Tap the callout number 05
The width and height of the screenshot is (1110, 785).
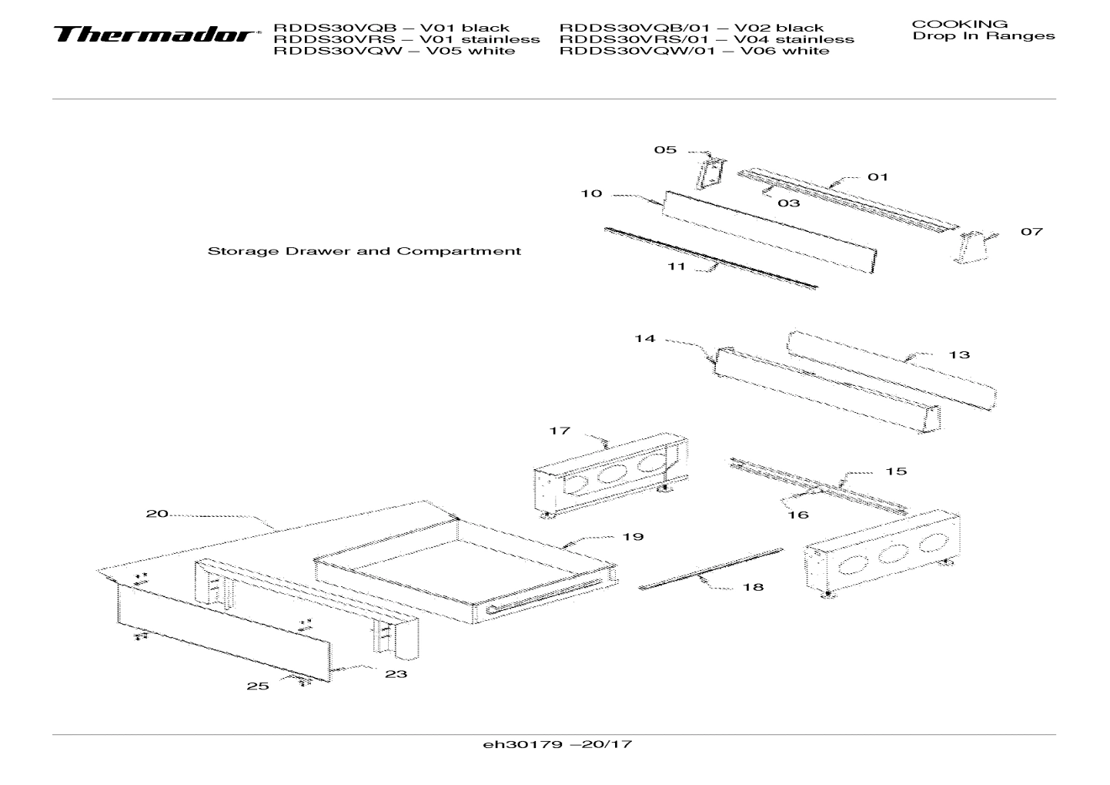coord(665,149)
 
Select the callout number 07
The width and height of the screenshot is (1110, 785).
coord(1031,231)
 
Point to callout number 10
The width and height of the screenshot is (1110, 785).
coord(591,193)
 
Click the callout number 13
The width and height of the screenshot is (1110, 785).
coord(959,354)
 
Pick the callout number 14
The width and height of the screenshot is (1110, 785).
coord(644,338)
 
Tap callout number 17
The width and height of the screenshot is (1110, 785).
coord(559,431)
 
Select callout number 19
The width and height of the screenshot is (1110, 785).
coord(633,536)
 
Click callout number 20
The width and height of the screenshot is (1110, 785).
coord(157,513)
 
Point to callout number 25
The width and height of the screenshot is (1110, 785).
coord(258,686)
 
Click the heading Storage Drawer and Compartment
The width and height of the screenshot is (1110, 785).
coord(364,251)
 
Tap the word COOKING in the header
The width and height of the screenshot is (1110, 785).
coord(959,24)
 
